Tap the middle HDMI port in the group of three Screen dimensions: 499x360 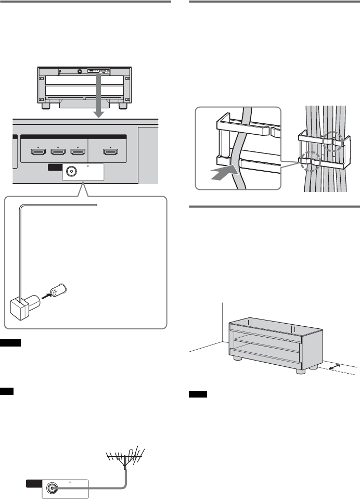(58, 152)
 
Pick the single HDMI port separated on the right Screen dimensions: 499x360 (110, 152)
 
